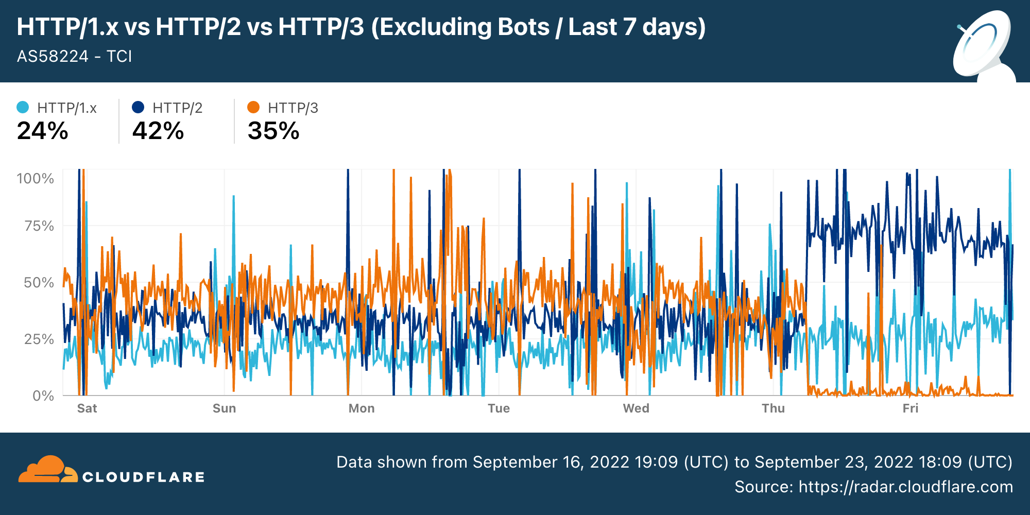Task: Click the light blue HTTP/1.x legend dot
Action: click(23, 107)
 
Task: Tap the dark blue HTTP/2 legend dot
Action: click(138, 107)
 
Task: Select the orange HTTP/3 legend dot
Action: click(253, 107)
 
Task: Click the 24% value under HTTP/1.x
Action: click(42, 131)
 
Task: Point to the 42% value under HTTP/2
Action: click(158, 131)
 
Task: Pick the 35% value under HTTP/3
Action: click(273, 131)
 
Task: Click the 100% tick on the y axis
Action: click(35, 179)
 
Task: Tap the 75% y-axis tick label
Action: click(39, 226)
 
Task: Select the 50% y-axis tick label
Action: click(39, 283)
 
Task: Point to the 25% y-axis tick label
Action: click(39, 339)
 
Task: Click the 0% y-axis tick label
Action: click(43, 396)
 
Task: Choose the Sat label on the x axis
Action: click(87, 408)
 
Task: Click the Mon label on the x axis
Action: click(362, 408)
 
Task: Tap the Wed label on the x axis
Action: click(636, 408)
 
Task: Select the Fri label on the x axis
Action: click(911, 408)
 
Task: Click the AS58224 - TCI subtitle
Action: click(75, 56)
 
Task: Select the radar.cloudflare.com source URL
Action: click(905, 487)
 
